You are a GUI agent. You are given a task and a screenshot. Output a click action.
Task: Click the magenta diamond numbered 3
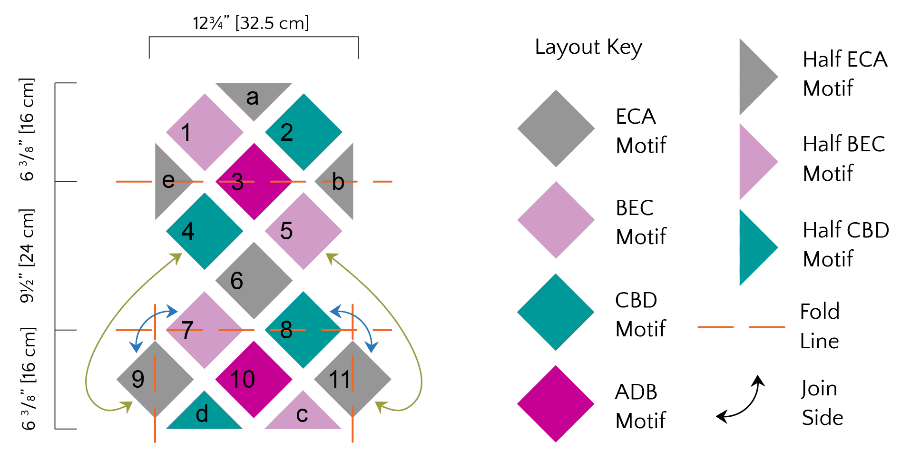click(x=254, y=182)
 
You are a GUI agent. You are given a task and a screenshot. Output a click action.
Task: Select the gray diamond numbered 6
click(x=254, y=281)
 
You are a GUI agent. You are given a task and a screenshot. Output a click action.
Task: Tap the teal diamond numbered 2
click(x=304, y=132)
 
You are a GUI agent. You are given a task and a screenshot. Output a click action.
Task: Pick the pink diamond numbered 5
click(x=304, y=231)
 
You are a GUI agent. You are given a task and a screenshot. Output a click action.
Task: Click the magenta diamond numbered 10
click(x=254, y=380)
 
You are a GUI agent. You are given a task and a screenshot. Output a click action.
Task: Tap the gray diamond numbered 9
click(x=155, y=379)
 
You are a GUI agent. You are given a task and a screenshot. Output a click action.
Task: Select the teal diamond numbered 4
click(x=205, y=231)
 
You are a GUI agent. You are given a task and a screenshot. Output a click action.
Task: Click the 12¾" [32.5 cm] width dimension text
click(x=251, y=23)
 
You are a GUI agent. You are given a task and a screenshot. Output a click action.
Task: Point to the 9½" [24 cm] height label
click(x=27, y=255)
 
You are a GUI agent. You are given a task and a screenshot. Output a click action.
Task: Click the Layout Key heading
click(x=588, y=47)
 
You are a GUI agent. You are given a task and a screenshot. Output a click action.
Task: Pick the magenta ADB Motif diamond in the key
click(x=556, y=404)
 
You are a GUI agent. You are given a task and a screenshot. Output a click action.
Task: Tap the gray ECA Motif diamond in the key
click(x=556, y=128)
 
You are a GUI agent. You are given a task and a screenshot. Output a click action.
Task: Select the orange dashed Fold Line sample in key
click(x=741, y=327)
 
